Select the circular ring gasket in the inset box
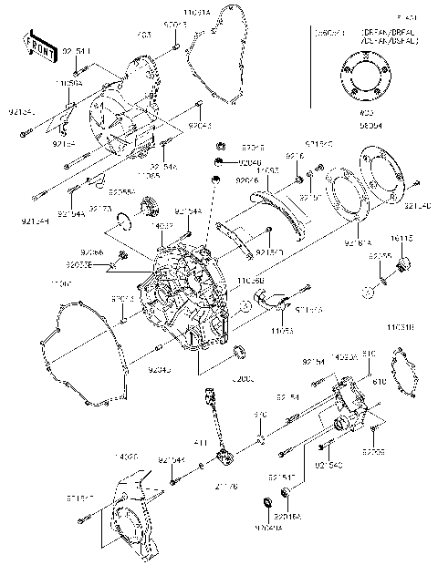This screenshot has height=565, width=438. [x=370, y=83]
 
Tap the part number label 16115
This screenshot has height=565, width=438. [x=402, y=239]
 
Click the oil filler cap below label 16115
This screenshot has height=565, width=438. [x=404, y=264]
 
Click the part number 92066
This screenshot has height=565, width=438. [x=91, y=252]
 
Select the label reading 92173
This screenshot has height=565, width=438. [x=126, y=209]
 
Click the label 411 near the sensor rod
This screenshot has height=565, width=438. [x=203, y=443]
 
